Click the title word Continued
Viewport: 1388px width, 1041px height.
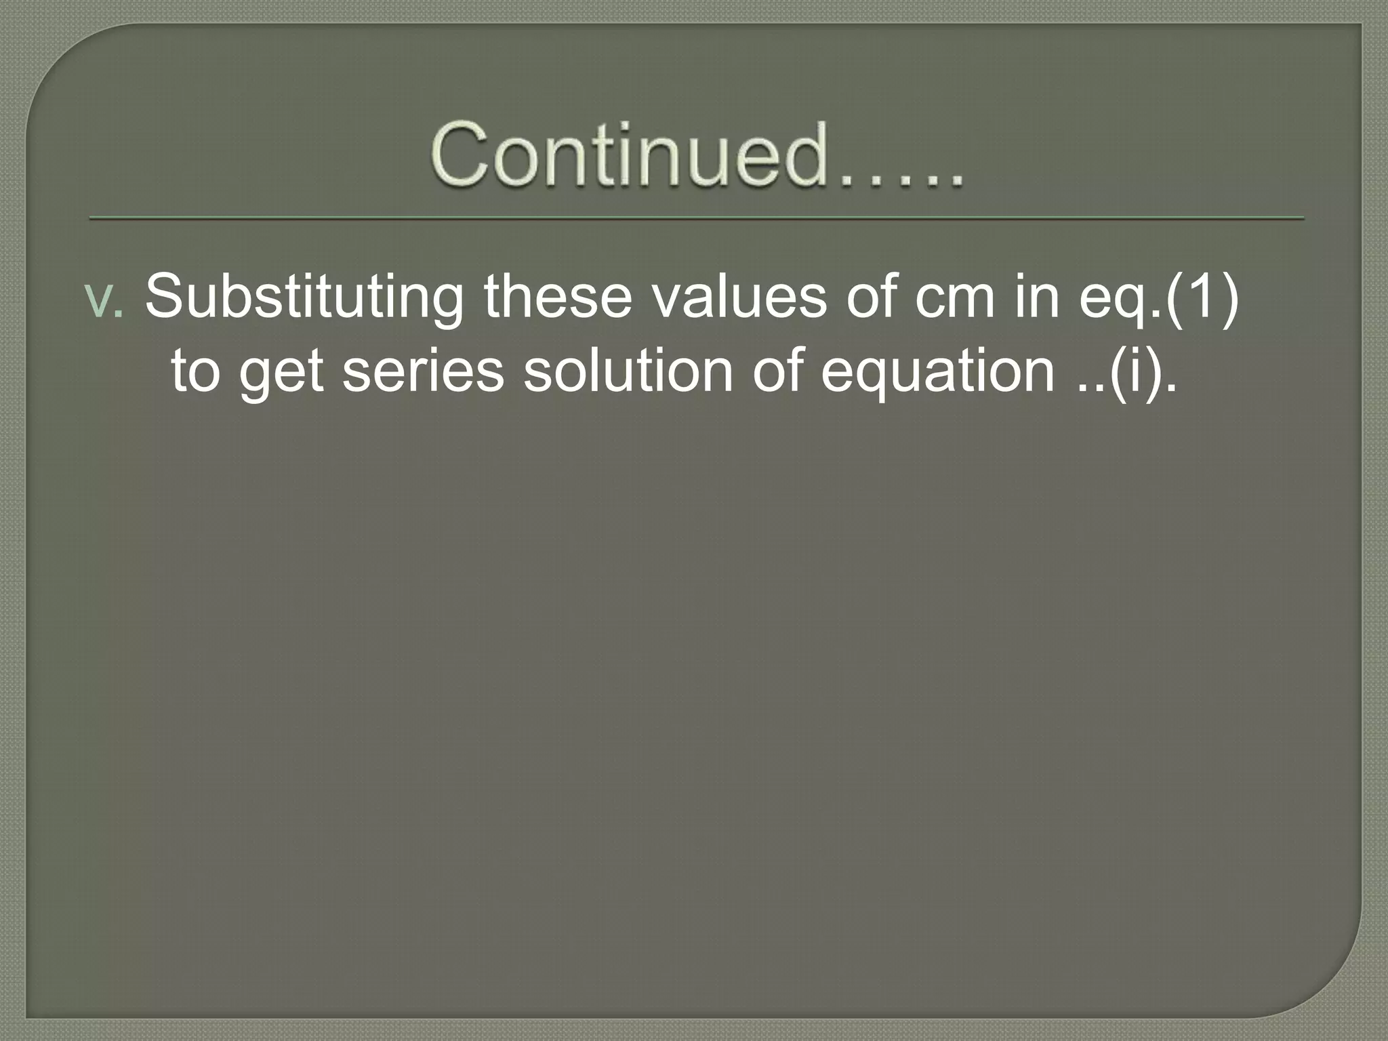click(x=630, y=156)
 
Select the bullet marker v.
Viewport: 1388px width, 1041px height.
click(x=104, y=299)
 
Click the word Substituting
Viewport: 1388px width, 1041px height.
click(x=304, y=299)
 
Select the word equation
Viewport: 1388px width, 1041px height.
click(x=937, y=373)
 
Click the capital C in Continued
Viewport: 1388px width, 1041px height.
click(x=461, y=156)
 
